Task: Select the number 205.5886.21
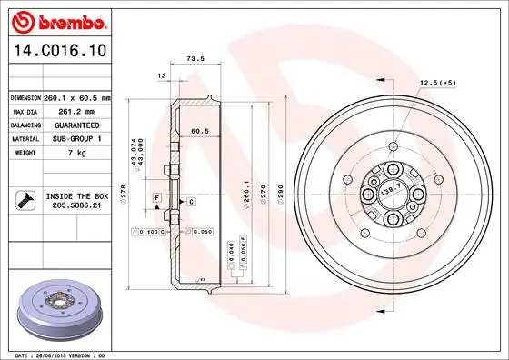(76, 206)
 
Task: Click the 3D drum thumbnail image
(60, 310)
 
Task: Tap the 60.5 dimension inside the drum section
(200, 131)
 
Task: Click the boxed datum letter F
(157, 197)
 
